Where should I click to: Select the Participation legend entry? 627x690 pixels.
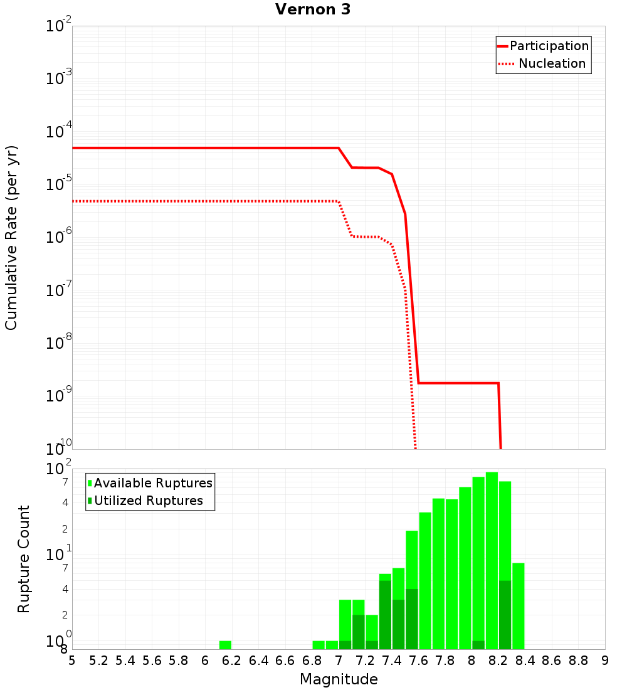(549, 46)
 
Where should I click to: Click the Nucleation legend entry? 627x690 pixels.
(552, 63)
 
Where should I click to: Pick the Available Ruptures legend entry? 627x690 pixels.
(153, 483)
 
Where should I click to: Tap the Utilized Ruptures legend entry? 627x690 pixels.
(148, 501)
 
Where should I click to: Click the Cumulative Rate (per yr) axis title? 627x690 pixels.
(11, 238)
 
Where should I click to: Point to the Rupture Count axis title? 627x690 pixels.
(24, 559)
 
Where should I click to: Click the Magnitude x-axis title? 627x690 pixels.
(339, 679)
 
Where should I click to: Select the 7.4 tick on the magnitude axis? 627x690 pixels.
(392, 661)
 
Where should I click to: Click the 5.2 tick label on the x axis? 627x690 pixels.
(99, 661)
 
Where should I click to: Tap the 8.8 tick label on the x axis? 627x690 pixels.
(578, 661)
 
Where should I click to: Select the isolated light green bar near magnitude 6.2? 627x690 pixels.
(225, 645)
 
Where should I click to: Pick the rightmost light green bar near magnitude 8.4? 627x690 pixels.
(518, 605)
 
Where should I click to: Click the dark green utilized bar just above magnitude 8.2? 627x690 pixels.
(505, 615)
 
